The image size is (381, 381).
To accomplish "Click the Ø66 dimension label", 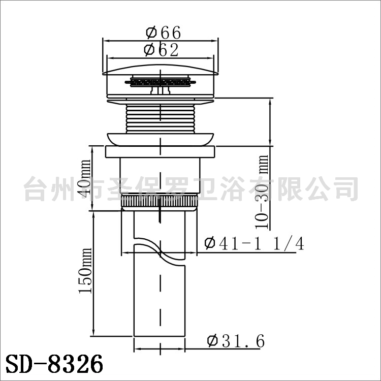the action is (x=163, y=32).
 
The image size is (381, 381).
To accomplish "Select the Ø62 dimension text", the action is (x=161, y=50).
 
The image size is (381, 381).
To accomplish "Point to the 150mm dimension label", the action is (x=85, y=271).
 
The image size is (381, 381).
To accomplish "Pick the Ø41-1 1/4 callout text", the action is (x=254, y=243).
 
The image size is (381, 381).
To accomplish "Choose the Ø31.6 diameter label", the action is (x=236, y=341).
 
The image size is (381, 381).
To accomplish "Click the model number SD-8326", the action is (x=54, y=364).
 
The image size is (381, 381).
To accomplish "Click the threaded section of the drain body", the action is (x=160, y=118).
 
